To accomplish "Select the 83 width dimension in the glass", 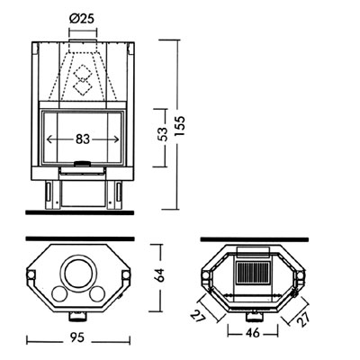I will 84,139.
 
